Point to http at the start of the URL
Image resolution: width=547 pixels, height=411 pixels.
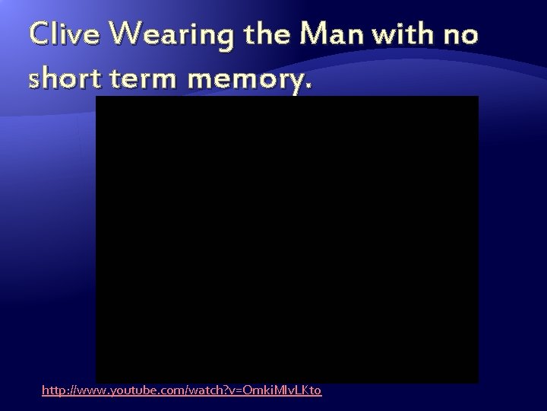point(53,390)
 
